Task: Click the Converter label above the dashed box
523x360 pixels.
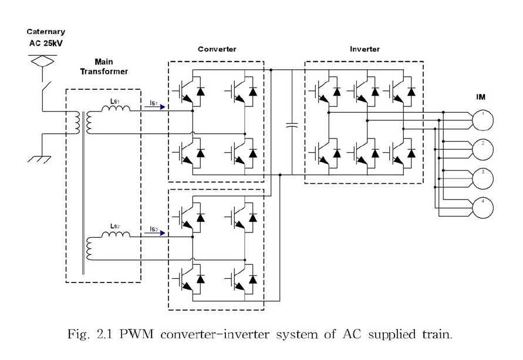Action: pos(217,49)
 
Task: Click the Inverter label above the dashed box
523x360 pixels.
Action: pos(365,49)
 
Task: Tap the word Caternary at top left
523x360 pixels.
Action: pos(46,32)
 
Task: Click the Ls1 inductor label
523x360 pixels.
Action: pos(115,101)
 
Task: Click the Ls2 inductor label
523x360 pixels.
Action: pos(115,226)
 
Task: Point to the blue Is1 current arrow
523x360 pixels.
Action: pos(158,107)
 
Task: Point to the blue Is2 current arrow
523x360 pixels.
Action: pos(158,234)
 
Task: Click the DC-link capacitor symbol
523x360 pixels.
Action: pos(291,125)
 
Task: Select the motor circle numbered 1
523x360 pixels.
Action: pos(483,119)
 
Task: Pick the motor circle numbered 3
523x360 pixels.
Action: pos(483,178)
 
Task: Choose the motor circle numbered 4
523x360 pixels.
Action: pos(483,207)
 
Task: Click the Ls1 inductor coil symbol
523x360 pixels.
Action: pos(116,109)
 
